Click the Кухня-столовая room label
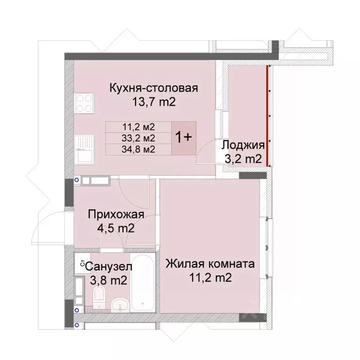pyautogui.click(x=154, y=88)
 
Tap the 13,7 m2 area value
pyautogui.click(x=154, y=102)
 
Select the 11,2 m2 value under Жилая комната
pyautogui.click(x=210, y=277)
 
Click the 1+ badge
pyautogui.click(x=183, y=137)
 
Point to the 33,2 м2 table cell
pyautogui.click(x=139, y=138)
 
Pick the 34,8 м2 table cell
pyautogui.click(x=139, y=150)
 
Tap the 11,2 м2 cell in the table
pyautogui.click(x=139, y=127)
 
